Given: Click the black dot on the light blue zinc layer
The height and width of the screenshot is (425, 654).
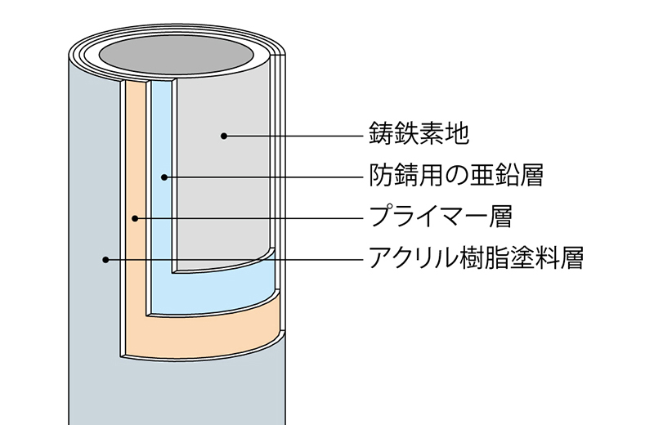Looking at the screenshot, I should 163,177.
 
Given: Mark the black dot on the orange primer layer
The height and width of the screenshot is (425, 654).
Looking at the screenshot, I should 134,218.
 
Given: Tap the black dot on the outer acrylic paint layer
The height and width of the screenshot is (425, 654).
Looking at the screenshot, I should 105,260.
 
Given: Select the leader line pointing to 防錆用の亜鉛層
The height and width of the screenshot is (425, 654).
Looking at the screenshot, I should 262,177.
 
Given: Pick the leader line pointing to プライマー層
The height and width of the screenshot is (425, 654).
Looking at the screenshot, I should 245,218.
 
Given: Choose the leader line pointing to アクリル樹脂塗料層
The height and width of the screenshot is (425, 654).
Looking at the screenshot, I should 229,260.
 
